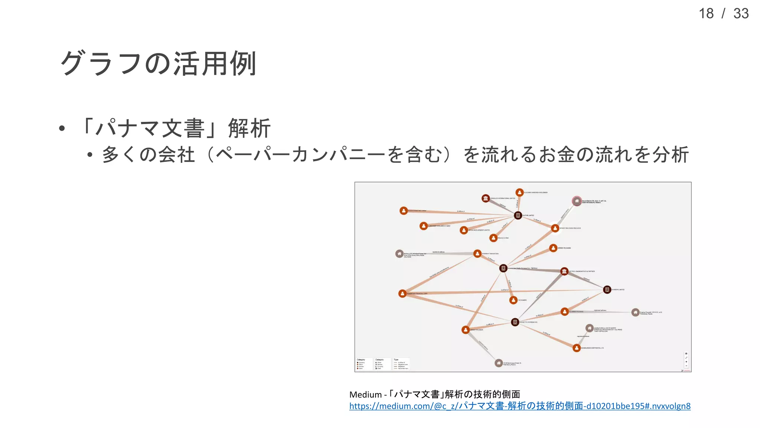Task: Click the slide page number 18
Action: (x=706, y=14)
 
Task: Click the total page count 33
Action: (x=741, y=14)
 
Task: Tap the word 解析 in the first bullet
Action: (x=249, y=129)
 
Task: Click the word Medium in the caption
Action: (x=365, y=395)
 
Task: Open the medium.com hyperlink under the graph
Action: (x=520, y=406)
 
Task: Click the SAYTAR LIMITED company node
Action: (x=518, y=215)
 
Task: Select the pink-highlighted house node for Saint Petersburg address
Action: (x=576, y=201)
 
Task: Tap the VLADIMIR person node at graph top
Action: (x=520, y=192)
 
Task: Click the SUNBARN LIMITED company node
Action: (x=607, y=289)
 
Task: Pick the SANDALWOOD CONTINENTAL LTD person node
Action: (x=576, y=348)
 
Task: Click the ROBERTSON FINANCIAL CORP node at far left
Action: (x=402, y=294)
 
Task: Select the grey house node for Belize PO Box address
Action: (x=399, y=254)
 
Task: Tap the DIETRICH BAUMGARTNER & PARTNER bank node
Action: (x=564, y=271)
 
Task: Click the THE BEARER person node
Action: (x=514, y=300)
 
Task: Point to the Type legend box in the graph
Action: (x=401, y=364)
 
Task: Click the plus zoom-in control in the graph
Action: (x=686, y=362)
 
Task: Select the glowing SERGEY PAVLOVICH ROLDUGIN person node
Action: (x=555, y=228)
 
